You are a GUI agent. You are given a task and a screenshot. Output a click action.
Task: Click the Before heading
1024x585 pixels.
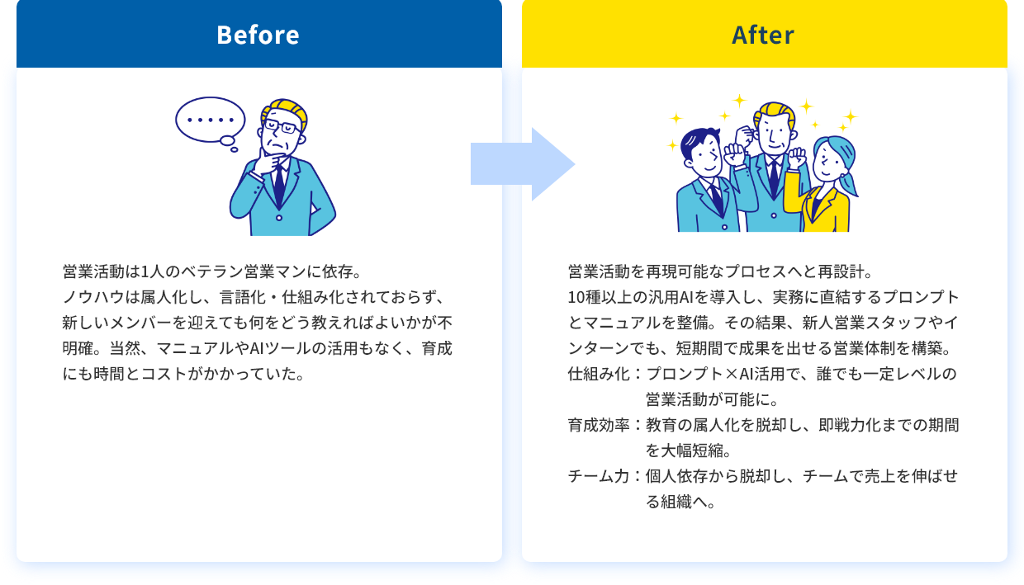pyautogui.click(x=258, y=35)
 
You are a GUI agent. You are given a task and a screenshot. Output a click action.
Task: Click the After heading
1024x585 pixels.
pyautogui.click(x=763, y=35)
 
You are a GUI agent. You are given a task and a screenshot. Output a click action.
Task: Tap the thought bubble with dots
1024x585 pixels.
pyautogui.click(x=211, y=120)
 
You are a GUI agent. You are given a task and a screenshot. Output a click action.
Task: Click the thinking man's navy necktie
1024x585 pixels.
pyautogui.click(x=279, y=183)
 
